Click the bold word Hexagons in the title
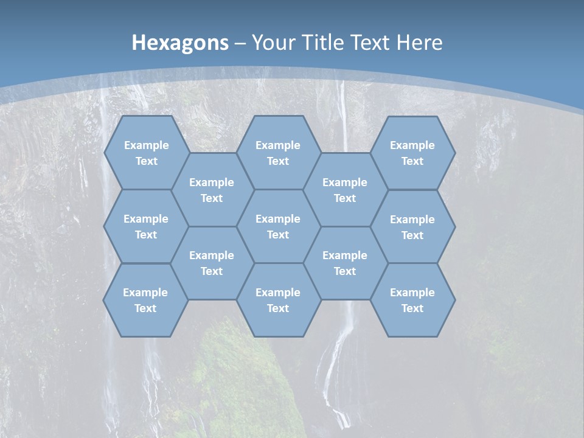[180, 43]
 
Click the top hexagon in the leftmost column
[146, 153]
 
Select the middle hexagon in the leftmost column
[146, 226]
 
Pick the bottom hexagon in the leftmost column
[145, 300]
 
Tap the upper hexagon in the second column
[212, 190]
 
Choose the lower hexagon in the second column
[212, 263]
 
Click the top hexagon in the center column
[278, 153]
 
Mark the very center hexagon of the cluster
[278, 226]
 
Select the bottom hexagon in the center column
[278, 300]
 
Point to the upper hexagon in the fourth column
[345, 190]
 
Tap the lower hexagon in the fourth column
[345, 263]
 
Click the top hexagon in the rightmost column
[412, 153]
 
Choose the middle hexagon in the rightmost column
[412, 227]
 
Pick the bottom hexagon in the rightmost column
[412, 300]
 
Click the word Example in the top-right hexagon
[412, 145]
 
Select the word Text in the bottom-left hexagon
[145, 308]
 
